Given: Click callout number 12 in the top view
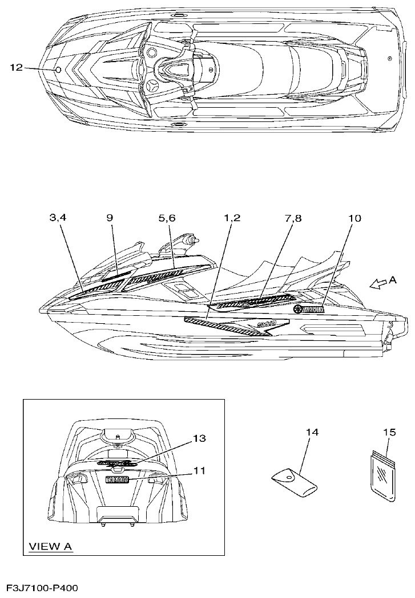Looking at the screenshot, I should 17,67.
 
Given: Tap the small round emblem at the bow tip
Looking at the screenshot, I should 59,70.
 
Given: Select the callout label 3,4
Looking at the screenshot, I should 58,218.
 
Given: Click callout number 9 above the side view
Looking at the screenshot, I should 110,218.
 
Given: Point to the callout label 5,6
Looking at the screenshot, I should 167,218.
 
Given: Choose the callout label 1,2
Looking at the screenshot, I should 232,218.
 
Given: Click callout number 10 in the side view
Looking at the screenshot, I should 355,218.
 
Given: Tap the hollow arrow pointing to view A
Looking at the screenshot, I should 377,283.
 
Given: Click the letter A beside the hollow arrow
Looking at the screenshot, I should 393,280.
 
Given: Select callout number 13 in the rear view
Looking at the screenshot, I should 199,438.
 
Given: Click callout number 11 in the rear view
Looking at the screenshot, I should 199,471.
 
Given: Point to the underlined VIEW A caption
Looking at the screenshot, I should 50,547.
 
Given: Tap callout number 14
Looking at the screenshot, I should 312,433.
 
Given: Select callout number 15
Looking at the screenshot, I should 389,433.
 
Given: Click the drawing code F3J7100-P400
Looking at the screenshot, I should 42,587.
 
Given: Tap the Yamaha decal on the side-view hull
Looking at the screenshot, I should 309,310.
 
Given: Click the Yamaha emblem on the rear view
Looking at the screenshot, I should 118,480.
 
